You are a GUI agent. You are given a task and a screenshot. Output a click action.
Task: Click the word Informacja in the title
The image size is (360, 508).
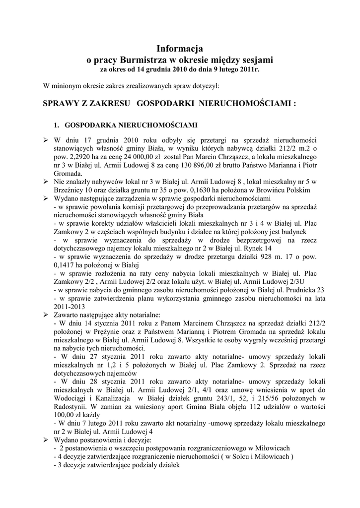180,49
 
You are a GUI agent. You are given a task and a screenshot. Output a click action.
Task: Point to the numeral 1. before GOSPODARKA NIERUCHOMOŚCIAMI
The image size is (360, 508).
56,124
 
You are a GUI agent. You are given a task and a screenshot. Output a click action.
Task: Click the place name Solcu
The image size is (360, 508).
238,457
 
